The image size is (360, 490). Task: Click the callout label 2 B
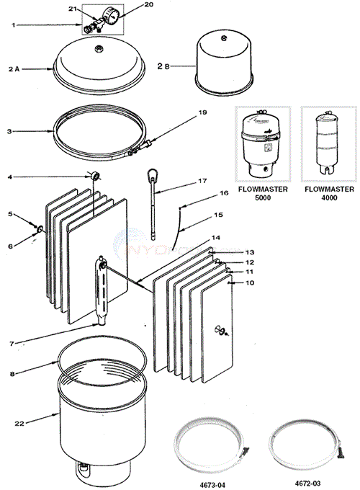click(163, 66)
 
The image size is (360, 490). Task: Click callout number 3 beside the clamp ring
click(8, 132)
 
